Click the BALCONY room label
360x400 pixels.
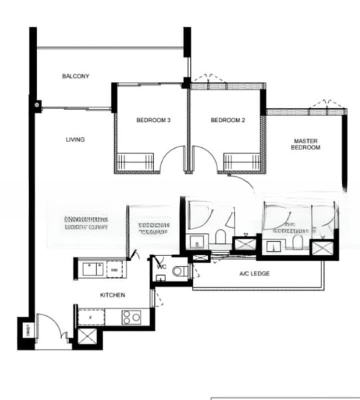pyautogui.click(x=75, y=76)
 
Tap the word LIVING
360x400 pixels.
pyautogui.click(x=75, y=139)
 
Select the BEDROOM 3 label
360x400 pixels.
pyautogui.click(x=153, y=121)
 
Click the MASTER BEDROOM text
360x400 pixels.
pyautogui.click(x=306, y=144)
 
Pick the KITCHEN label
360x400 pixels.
pyautogui.click(x=112, y=294)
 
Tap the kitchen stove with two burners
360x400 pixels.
pyautogui.click(x=131, y=317)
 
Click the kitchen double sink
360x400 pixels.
pyautogui.click(x=91, y=269)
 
